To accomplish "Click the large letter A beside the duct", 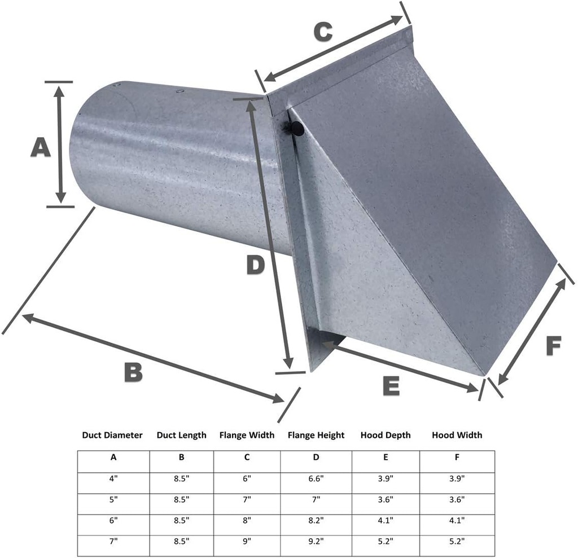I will (40, 148).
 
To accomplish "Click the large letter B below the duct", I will (133, 373).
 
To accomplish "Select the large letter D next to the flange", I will (255, 265).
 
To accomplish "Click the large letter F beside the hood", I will (554, 345).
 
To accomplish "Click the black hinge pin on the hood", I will (296, 130).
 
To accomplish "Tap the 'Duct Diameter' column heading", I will (112, 435).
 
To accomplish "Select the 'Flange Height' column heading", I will (316, 435).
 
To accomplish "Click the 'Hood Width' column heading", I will (457, 435).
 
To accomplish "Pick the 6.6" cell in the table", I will (316, 478).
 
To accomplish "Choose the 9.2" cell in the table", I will (316, 541).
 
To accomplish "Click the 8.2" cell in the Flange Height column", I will (316, 520).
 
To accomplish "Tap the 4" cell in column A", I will (113, 478).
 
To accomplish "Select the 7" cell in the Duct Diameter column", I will (113, 541).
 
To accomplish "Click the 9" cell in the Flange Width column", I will (247, 541).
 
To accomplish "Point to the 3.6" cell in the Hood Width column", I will (457, 499).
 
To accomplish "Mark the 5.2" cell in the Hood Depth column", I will (386, 541).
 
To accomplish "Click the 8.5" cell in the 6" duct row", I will (181, 520).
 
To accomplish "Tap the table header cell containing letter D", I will (316, 458).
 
